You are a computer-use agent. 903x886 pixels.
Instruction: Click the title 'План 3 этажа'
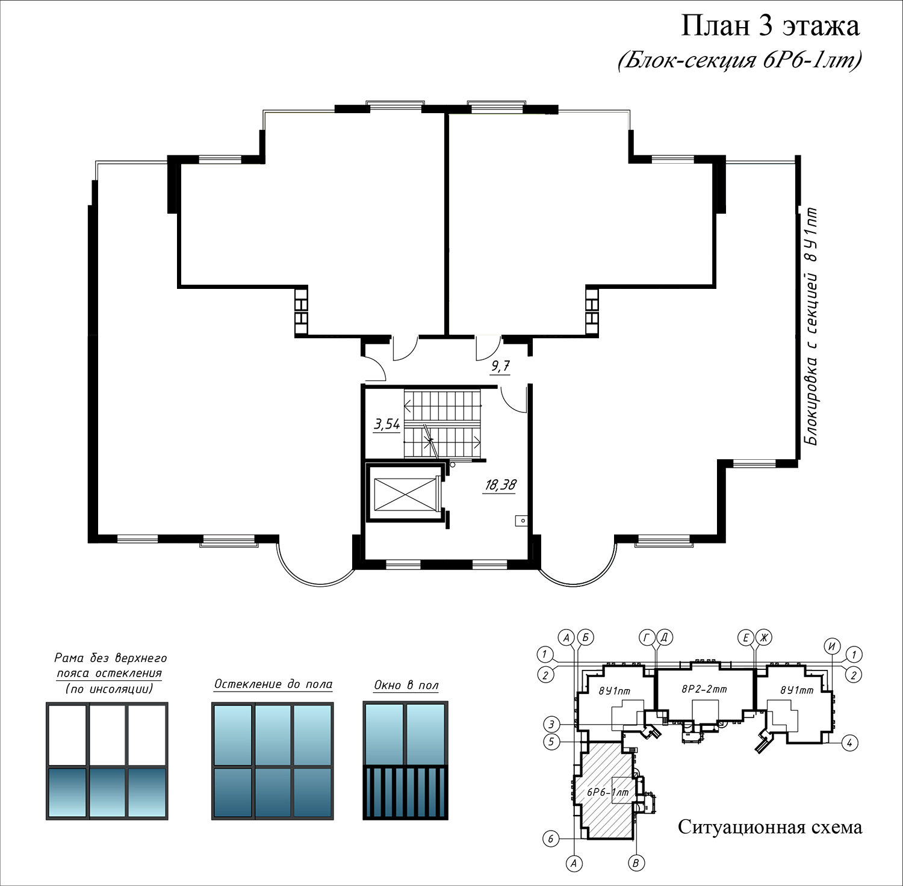[770, 26]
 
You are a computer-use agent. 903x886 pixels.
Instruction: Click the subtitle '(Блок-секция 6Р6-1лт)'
[740, 60]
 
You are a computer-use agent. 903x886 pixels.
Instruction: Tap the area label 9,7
[500, 366]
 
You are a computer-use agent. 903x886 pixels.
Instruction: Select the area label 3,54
[386, 424]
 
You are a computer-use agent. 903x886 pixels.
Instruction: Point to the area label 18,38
[500, 485]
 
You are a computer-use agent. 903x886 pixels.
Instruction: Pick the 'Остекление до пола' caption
[273, 684]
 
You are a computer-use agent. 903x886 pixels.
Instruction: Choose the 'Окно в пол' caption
[406, 685]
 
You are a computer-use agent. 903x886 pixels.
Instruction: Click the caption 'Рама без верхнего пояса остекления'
[110, 673]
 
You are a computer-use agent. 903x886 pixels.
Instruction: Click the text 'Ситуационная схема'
[770, 827]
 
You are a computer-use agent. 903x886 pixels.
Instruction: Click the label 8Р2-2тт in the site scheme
[704, 689]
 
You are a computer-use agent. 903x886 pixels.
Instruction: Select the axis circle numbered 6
[551, 838]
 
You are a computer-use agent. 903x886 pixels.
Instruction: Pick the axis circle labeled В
[636, 863]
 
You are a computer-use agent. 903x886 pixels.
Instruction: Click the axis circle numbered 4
[849, 743]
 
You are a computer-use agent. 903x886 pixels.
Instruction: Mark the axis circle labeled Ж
[764, 637]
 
